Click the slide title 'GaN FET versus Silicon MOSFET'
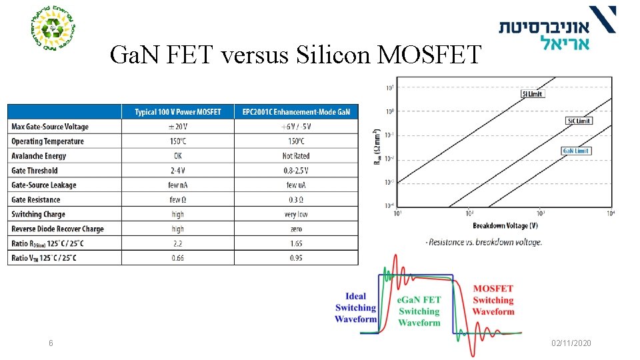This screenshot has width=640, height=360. coord(295,55)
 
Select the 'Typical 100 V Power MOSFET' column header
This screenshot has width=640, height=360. coord(177,111)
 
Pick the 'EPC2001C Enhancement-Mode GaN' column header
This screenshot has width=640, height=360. coord(296,111)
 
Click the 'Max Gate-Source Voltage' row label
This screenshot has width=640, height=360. coord(50,127)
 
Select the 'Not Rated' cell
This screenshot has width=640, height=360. coord(296,156)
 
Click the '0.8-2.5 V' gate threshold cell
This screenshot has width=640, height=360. coord(296,171)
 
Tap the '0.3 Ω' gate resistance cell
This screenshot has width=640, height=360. coord(296,200)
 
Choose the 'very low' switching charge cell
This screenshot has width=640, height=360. coord(296,215)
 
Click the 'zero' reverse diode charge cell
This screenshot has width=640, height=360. coord(296,229)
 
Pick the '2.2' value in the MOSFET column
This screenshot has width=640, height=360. coord(177,244)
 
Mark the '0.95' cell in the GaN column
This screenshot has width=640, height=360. coord(296,259)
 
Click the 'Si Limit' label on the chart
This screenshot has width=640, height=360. coord(532,94)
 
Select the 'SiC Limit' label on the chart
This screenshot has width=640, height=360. coord(577,121)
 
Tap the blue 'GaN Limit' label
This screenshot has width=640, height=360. coord(576,151)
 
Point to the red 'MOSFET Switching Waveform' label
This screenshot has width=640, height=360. coord(493,300)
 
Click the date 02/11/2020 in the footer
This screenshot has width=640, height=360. coord(571,343)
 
